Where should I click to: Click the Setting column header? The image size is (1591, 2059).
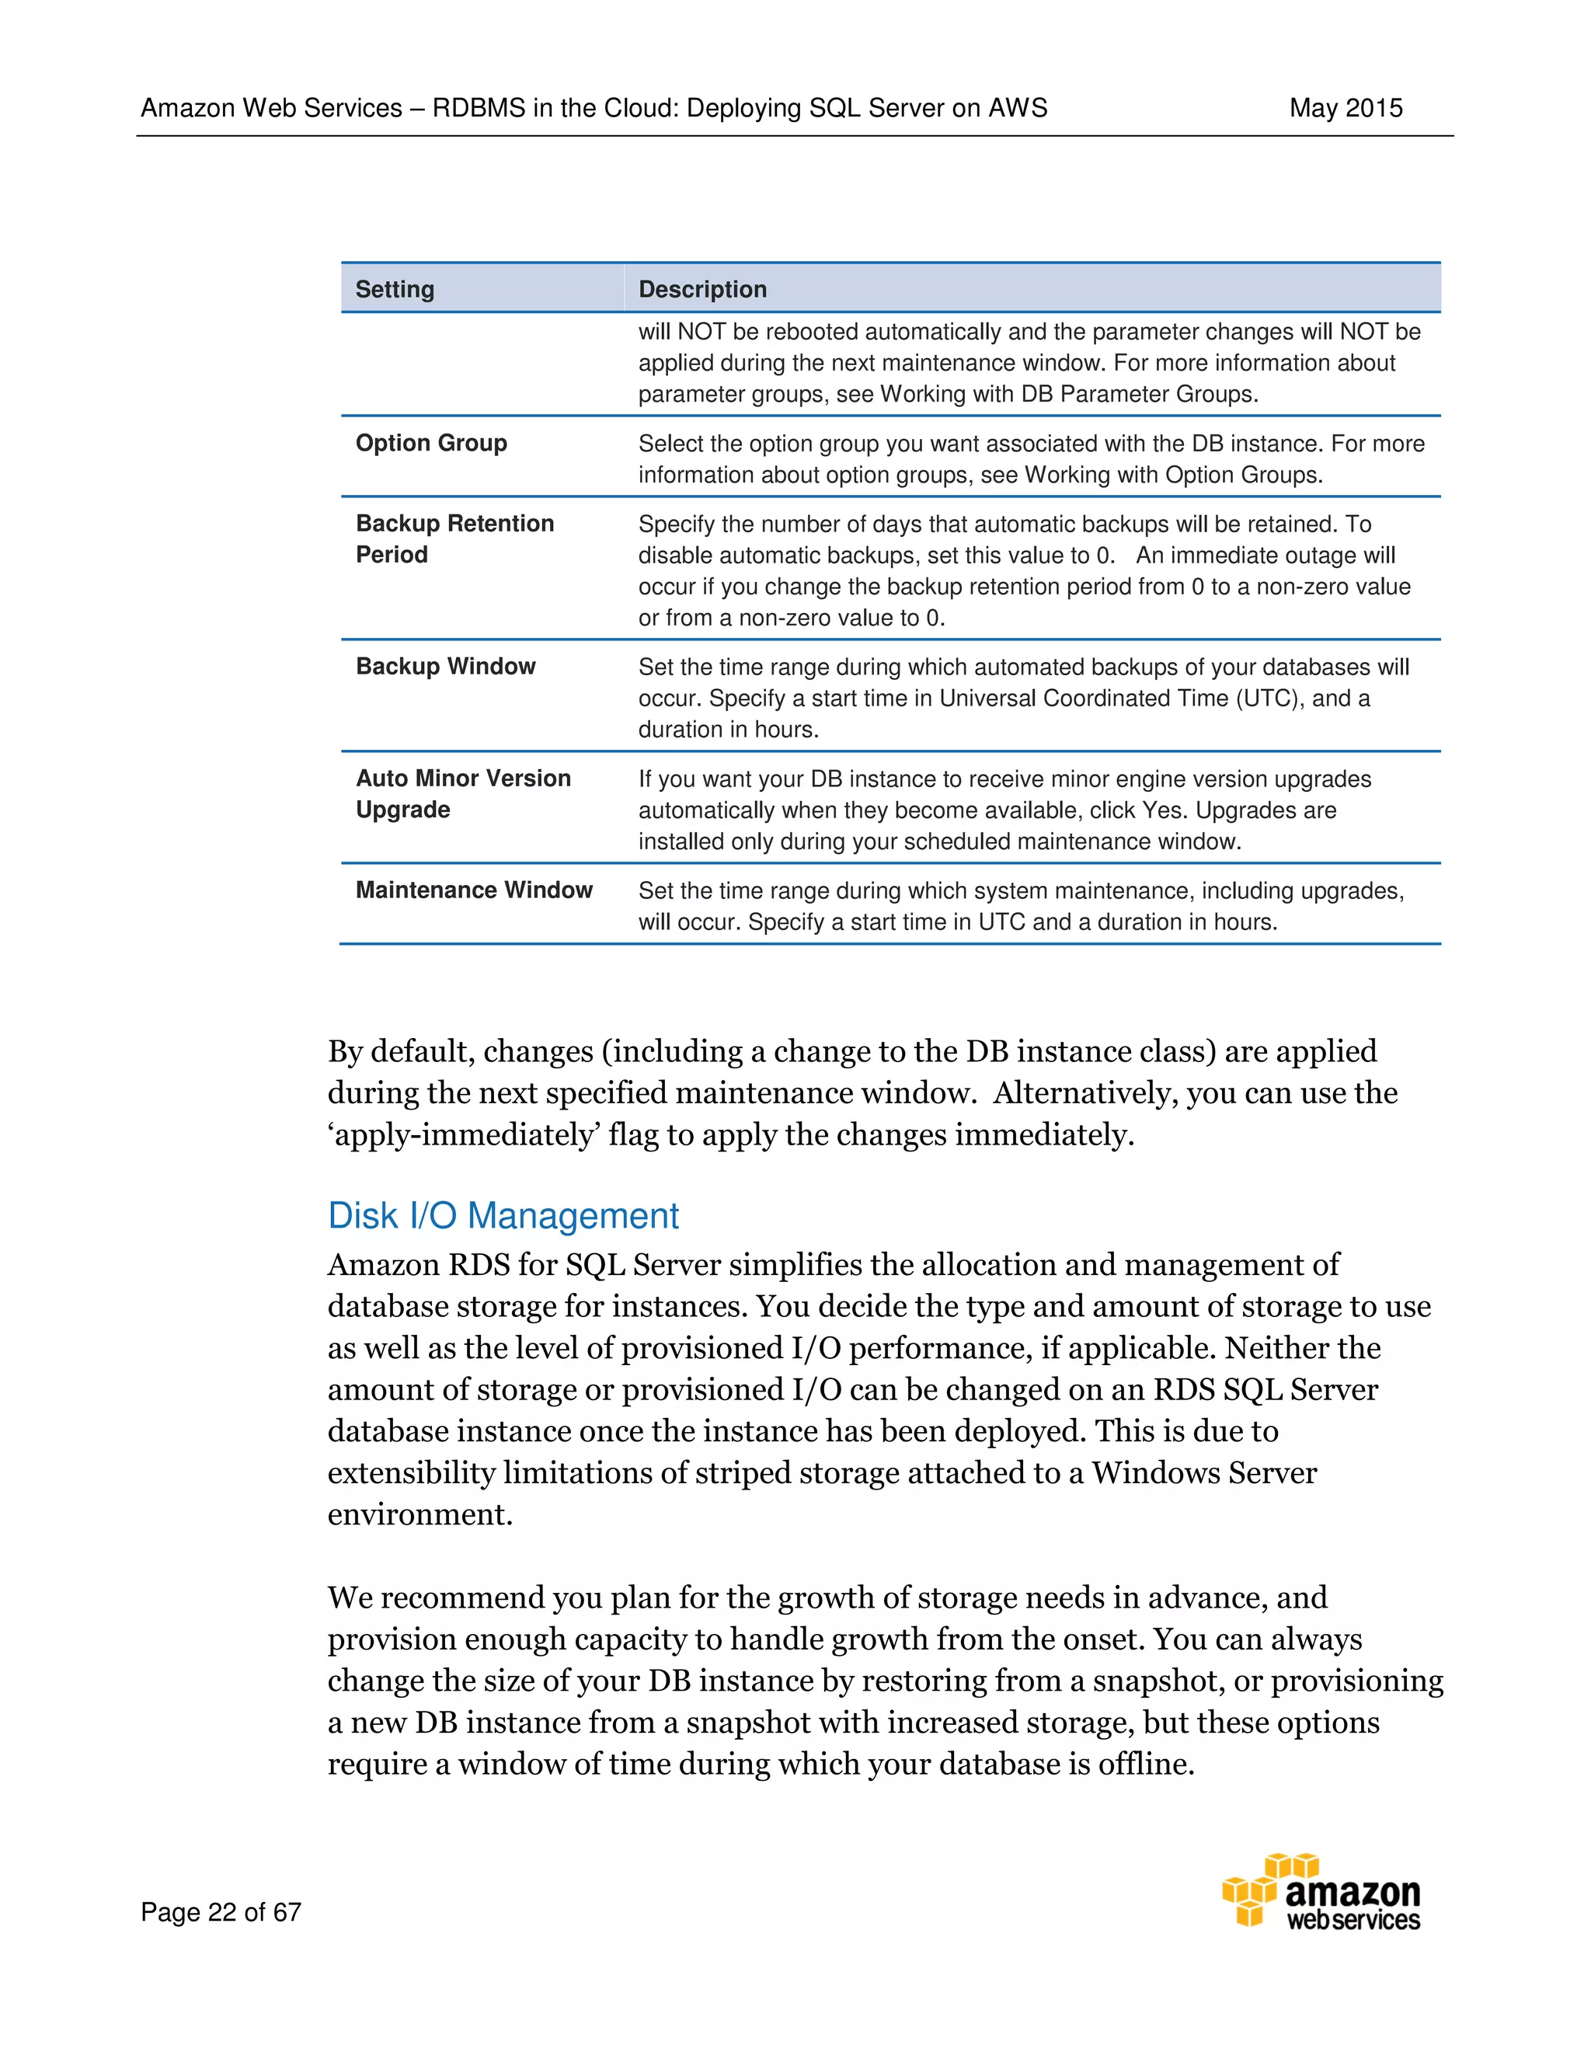395,290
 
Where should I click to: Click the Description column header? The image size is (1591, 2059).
702,290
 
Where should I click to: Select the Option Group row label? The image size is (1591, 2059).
430,443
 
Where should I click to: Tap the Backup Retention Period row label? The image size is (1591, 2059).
454,538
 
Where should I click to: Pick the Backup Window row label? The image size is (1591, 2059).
445,667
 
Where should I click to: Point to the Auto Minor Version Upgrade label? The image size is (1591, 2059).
463,794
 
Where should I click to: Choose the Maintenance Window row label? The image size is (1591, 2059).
473,890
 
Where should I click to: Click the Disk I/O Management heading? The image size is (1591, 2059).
503,1216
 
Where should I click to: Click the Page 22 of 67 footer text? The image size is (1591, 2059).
221,1912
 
